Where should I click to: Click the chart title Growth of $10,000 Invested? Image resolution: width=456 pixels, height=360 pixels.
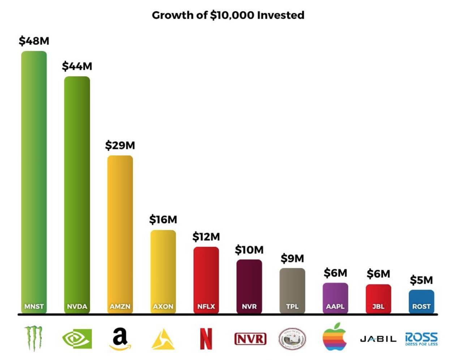coord(228,15)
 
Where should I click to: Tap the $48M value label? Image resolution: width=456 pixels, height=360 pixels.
coord(34,41)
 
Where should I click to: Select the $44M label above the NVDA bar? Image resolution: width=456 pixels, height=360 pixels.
coord(77,66)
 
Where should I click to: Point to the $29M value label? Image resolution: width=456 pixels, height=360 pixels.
coord(120,145)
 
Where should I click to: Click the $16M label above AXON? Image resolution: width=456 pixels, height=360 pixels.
coord(163,219)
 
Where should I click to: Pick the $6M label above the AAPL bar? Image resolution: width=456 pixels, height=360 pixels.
coord(335,273)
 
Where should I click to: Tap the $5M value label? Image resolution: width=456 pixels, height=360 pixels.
coord(421,280)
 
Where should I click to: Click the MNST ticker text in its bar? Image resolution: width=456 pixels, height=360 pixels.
coord(34,307)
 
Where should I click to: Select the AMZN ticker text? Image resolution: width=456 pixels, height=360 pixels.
coord(120,307)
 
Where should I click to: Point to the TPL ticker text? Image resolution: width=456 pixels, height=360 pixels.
coord(292,307)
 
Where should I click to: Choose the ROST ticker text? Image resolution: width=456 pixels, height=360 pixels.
coord(421,307)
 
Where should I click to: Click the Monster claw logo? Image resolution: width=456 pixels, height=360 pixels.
coord(34,338)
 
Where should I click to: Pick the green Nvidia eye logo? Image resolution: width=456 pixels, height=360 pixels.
coord(77,339)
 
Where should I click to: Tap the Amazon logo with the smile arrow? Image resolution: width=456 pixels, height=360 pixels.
coord(120,339)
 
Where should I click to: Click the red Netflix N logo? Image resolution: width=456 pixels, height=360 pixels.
coord(206,339)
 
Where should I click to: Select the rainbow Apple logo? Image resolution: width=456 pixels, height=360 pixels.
coord(335,337)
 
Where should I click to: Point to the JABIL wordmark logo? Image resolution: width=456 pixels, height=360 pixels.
coord(378,339)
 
